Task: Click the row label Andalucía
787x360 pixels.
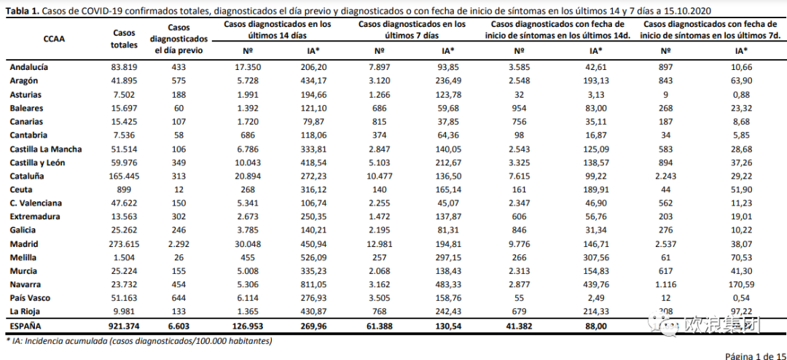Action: point(30,67)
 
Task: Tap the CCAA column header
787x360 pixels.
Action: point(54,39)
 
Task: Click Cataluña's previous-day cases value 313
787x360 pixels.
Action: point(179,176)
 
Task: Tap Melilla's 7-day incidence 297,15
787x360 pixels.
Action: point(448,258)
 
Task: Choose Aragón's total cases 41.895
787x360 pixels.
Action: point(124,80)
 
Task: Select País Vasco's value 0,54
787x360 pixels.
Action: point(742,299)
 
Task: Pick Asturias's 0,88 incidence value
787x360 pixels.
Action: point(742,94)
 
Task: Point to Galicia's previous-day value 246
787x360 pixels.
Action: point(179,230)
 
